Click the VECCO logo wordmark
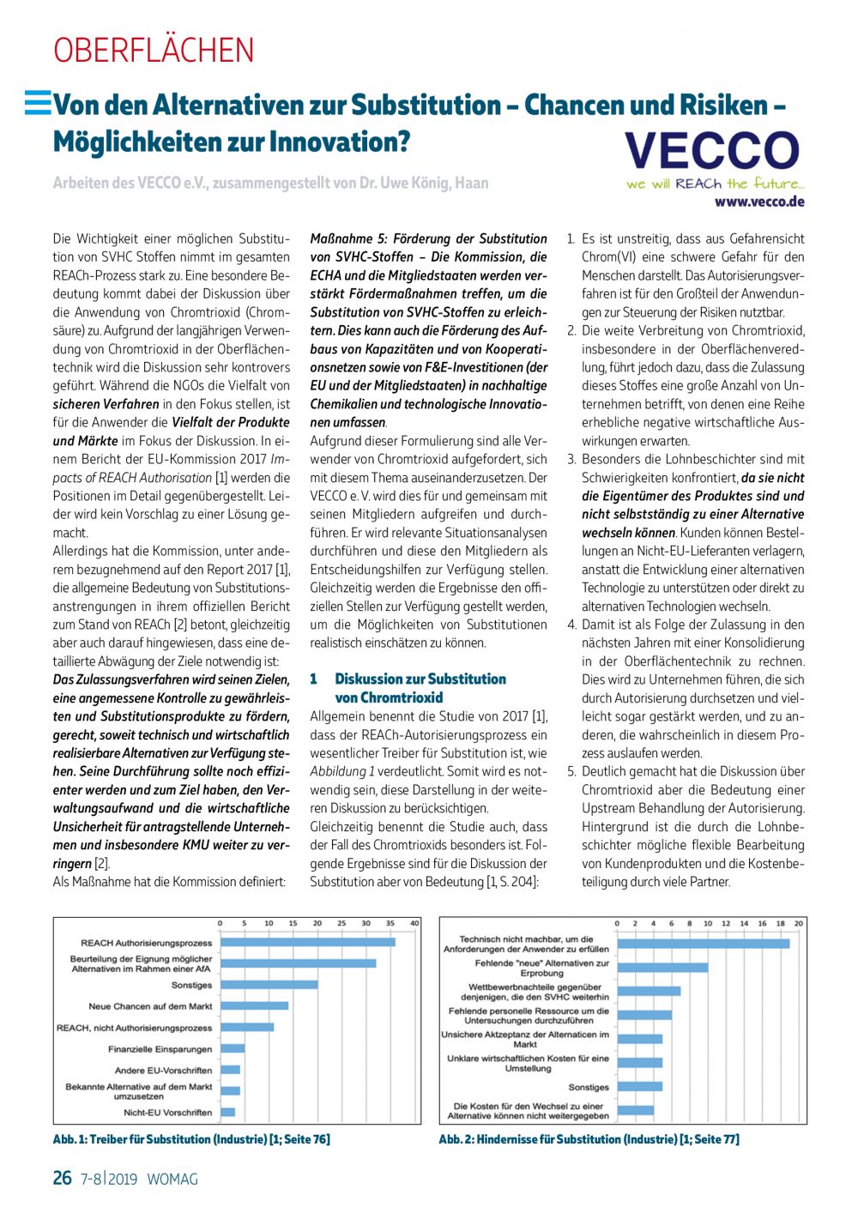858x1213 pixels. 712,152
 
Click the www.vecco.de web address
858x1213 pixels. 759,202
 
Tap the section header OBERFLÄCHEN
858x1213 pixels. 154,51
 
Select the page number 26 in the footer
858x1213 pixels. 63,1178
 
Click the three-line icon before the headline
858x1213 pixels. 38,103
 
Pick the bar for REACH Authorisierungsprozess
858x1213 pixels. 307,942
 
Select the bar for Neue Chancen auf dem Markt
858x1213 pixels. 254,1005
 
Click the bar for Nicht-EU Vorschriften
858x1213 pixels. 227,1112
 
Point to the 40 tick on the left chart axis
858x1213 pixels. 414,923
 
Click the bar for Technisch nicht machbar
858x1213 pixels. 703,944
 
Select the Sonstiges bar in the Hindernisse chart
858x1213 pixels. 639,1086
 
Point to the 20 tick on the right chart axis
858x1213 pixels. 798,923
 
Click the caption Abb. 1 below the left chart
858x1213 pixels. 191,1139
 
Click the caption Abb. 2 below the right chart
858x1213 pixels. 589,1139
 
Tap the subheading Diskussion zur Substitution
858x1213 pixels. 420,679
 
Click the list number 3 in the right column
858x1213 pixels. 571,459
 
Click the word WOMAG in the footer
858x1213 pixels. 172,1180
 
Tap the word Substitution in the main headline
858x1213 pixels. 426,105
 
